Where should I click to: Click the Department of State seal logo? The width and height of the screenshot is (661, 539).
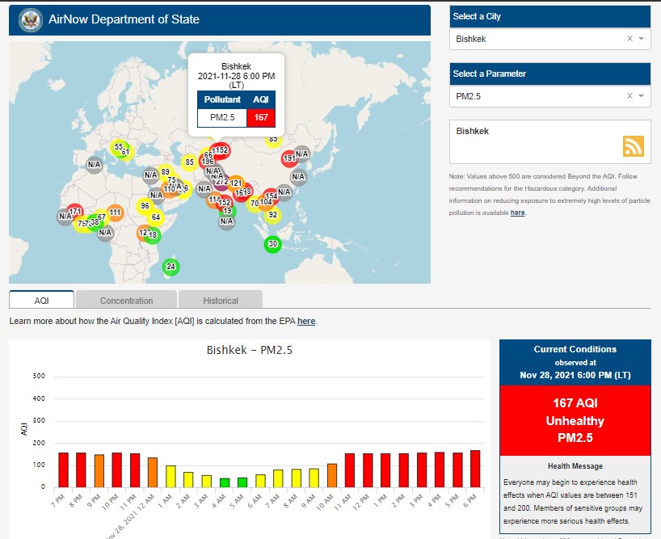(31, 19)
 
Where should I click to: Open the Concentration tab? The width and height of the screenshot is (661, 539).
(126, 301)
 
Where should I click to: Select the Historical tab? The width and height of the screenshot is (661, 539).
(221, 301)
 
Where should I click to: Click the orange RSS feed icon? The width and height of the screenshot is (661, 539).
(634, 145)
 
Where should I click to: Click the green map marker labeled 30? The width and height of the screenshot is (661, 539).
(272, 244)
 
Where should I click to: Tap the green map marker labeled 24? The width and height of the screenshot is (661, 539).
(171, 266)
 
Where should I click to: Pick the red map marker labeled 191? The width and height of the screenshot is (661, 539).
(290, 158)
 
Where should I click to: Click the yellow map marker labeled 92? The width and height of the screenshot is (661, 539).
(273, 214)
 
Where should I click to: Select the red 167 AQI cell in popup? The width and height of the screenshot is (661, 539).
(260, 117)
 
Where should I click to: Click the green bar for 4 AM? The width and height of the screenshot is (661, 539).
(225, 482)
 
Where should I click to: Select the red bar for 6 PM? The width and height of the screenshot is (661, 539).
(475, 469)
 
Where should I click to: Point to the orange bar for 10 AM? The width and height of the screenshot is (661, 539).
(332, 475)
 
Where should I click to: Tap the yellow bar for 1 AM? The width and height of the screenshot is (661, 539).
(171, 476)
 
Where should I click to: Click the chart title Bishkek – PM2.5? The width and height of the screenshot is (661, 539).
(250, 351)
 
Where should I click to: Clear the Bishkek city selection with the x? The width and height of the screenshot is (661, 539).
(629, 39)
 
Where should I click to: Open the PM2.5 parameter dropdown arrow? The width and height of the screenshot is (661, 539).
(641, 96)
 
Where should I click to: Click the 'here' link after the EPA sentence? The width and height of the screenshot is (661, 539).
(306, 322)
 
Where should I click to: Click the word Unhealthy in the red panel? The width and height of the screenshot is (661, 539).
(574, 421)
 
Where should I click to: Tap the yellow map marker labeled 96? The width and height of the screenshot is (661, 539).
(145, 205)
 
